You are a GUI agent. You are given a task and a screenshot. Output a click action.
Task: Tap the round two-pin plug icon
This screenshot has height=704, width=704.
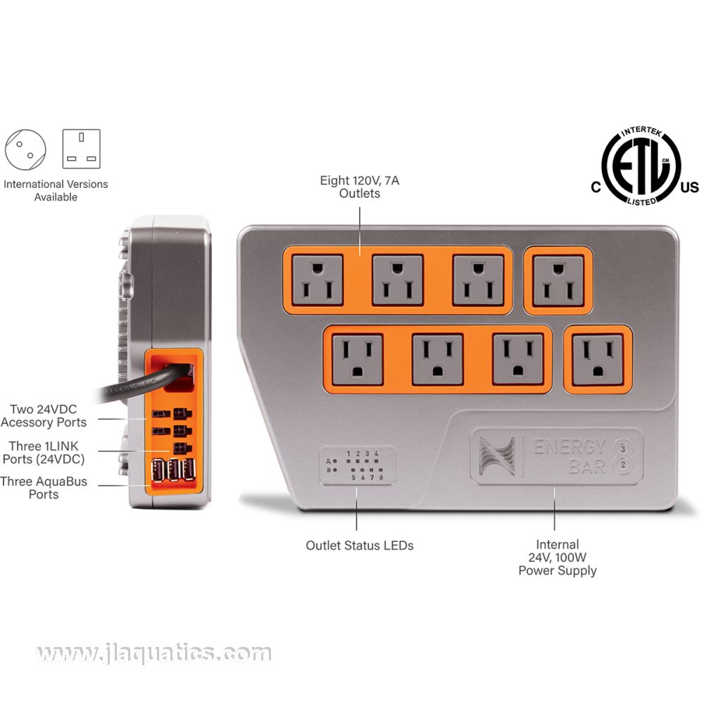[x=25, y=150]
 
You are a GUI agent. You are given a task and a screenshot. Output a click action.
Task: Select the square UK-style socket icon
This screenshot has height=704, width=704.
[x=81, y=149]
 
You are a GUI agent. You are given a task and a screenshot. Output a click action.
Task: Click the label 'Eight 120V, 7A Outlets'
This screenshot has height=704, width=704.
[x=359, y=187]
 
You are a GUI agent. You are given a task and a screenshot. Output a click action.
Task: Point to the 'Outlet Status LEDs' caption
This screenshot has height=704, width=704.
[x=359, y=546]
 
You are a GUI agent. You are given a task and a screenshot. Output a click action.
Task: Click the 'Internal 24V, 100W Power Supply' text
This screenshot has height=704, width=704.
[x=557, y=558]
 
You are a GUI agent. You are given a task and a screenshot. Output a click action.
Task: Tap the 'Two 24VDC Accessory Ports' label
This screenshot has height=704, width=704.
[x=44, y=416]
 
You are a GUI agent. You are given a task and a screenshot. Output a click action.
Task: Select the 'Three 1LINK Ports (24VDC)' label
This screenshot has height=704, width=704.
[x=44, y=453]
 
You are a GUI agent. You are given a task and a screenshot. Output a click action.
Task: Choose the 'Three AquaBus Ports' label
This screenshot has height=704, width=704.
[x=44, y=488]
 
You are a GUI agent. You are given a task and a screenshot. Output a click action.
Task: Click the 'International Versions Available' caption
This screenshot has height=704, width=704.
[x=56, y=190]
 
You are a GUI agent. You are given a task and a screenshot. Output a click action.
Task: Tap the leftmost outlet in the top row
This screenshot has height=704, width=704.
[x=318, y=279]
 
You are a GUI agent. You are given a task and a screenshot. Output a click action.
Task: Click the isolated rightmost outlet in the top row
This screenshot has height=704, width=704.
[x=558, y=280]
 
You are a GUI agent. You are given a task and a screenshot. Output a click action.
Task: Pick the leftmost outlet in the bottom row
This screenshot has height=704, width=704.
[x=358, y=359]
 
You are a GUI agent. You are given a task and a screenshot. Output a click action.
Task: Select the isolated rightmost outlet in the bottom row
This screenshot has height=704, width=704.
[x=598, y=360]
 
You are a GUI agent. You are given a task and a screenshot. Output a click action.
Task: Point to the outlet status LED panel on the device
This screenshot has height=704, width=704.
[x=358, y=465]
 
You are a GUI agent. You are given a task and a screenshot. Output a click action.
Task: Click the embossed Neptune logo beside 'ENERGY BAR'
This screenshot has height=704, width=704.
[x=496, y=456]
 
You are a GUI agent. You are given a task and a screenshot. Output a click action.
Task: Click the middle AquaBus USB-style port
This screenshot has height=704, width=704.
[x=174, y=470]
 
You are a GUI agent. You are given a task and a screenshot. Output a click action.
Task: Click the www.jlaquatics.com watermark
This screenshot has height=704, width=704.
[x=154, y=653]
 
